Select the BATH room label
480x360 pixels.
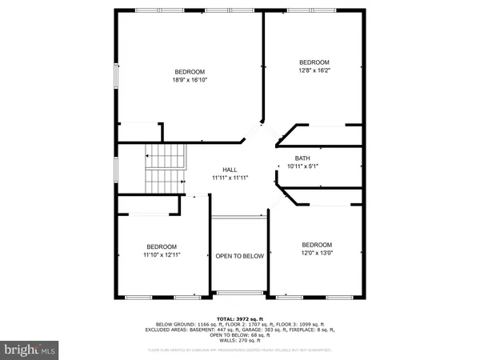(302, 158)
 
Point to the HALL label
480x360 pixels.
(230, 170)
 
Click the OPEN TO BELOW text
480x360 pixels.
(239, 256)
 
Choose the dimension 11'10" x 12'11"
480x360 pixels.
(162, 255)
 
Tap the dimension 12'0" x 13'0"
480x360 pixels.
(316, 253)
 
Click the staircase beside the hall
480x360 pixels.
(164, 169)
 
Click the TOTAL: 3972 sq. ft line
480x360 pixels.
(239, 318)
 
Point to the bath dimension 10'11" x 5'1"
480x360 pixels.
(302, 166)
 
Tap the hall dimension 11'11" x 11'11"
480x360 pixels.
(230, 178)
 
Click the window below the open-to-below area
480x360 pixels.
(239, 292)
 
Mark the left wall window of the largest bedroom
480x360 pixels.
(117, 77)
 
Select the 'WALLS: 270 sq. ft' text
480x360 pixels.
(239, 341)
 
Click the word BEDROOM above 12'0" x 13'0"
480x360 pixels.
(316, 244)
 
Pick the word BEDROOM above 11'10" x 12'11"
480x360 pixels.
(162, 246)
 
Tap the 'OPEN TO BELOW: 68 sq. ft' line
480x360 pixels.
(239, 335)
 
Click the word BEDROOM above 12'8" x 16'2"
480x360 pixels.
(314, 62)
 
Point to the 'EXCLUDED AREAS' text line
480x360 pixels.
(239, 330)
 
